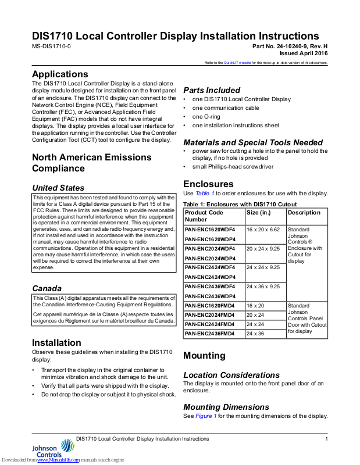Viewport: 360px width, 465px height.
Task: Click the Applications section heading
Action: pyautogui.click(x=60, y=74)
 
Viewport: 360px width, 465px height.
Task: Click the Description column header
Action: pyautogui.click(x=304, y=213)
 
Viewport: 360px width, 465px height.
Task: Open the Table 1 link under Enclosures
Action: pyautogui.click(x=205, y=193)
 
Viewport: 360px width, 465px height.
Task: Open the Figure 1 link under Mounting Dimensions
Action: pyautogui.click(x=206, y=416)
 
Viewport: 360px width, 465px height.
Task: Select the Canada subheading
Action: pyautogui.click(x=47, y=288)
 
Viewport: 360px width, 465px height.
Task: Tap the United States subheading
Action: pyautogui.click(x=58, y=188)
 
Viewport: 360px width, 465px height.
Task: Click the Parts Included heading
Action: pyautogui.click(x=212, y=90)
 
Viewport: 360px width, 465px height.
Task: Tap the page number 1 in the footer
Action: pyautogui.click(x=326, y=438)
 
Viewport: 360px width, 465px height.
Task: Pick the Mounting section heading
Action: pyautogui.click(x=204, y=355)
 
